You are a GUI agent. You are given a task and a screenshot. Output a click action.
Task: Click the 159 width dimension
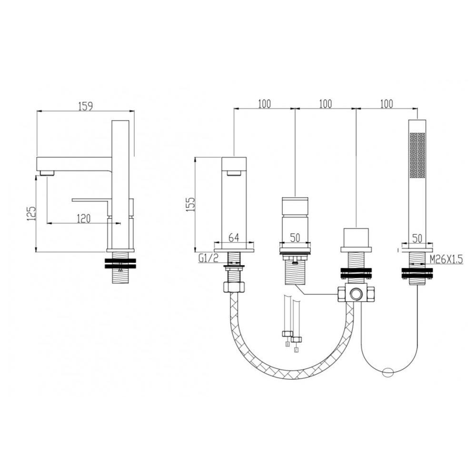coord(85,106)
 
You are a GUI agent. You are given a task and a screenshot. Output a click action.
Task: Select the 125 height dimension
coord(31,213)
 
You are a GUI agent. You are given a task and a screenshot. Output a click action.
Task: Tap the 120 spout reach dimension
coord(83,218)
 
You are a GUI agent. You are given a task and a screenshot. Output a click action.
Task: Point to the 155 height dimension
coord(191,204)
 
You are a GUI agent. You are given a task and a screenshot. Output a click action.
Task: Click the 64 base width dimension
coord(233,238)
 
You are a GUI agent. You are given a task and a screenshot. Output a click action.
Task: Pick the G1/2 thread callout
coord(208,258)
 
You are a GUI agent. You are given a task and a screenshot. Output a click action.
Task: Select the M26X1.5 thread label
coord(446,259)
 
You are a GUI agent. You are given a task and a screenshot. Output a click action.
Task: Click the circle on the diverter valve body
coord(356,294)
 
